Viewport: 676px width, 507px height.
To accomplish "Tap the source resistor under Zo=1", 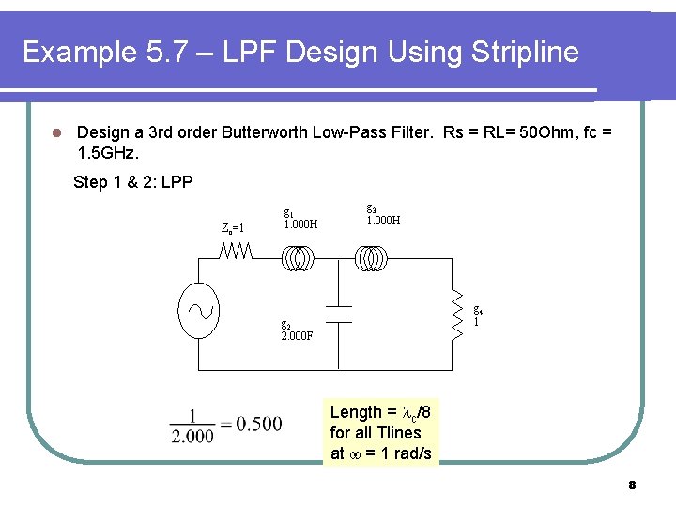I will [235, 252].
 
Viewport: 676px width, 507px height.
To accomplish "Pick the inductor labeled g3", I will [368, 257].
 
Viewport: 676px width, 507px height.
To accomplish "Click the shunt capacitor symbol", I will [338, 314].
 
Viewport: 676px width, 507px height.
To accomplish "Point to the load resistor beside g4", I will [459, 313].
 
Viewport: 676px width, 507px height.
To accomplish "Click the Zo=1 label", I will [233, 228].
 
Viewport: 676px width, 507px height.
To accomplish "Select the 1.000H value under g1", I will [300, 224].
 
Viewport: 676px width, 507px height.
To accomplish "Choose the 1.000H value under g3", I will [383, 221].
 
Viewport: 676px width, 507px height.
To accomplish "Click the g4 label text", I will [478, 309].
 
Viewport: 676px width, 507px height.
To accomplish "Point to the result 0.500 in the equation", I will [259, 423].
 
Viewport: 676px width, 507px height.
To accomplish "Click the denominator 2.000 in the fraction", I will [192, 436].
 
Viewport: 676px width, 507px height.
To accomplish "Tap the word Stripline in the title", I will [522, 52].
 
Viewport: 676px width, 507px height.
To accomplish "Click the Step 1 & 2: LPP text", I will [132, 182].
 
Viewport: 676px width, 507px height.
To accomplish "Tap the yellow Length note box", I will [381, 432].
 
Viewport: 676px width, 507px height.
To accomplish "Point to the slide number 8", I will [632, 485].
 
